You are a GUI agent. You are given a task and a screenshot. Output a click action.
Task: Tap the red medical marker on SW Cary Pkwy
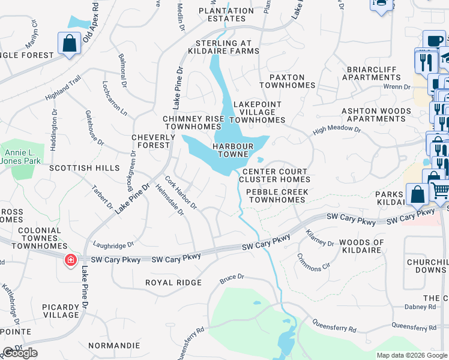(x=71, y=260)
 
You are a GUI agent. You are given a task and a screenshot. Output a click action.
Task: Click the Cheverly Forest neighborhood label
(x=153, y=141)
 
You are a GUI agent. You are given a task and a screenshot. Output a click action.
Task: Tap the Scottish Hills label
(x=85, y=169)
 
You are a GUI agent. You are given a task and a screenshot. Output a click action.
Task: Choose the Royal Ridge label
(x=173, y=283)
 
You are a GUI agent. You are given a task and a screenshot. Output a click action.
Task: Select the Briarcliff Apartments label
(x=372, y=73)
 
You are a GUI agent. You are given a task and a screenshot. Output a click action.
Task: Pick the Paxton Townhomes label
(x=287, y=82)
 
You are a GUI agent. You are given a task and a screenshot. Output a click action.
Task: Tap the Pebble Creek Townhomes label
(x=277, y=196)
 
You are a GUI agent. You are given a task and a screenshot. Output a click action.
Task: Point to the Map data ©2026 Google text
(x=411, y=355)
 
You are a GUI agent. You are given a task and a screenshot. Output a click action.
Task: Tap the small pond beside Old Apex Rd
(x=77, y=23)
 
